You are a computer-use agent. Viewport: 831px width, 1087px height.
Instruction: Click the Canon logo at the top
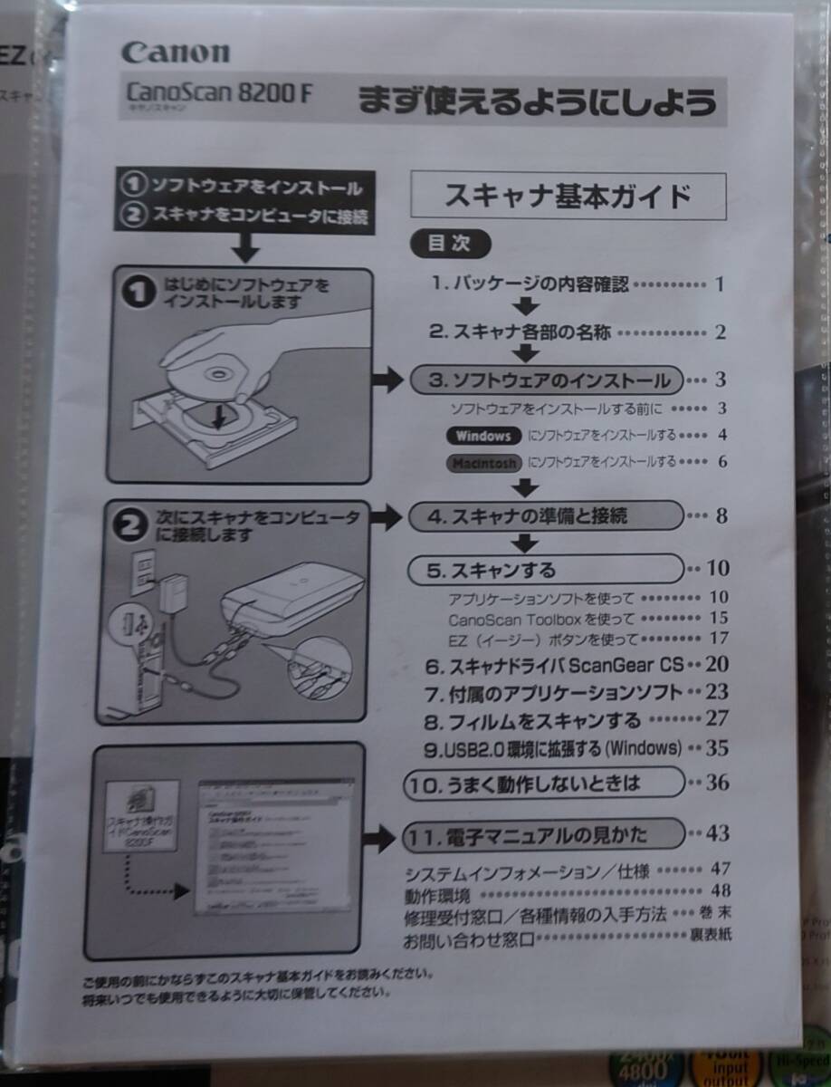pyautogui.click(x=176, y=53)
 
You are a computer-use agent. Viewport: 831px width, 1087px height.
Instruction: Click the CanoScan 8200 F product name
pyautogui.click(x=217, y=92)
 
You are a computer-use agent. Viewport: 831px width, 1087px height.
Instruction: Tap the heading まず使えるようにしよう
pyautogui.click(x=537, y=101)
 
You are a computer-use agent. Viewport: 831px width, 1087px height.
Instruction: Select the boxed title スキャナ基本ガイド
pyautogui.click(x=568, y=196)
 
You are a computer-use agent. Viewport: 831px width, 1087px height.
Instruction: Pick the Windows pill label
pyautogui.click(x=483, y=436)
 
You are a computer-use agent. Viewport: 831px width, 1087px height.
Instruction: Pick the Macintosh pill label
pyautogui.click(x=483, y=463)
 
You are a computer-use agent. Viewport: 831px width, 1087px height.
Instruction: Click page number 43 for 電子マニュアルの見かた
pyautogui.click(x=717, y=832)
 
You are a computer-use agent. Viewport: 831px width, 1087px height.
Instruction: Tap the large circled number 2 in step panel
pyautogui.click(x=133, y=526)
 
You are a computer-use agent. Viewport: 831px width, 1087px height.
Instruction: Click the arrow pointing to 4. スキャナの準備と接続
pyautogui.click(x=387, y=518)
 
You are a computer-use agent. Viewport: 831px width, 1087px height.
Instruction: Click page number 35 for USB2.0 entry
pyautogui.click(x=717, y=749)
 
